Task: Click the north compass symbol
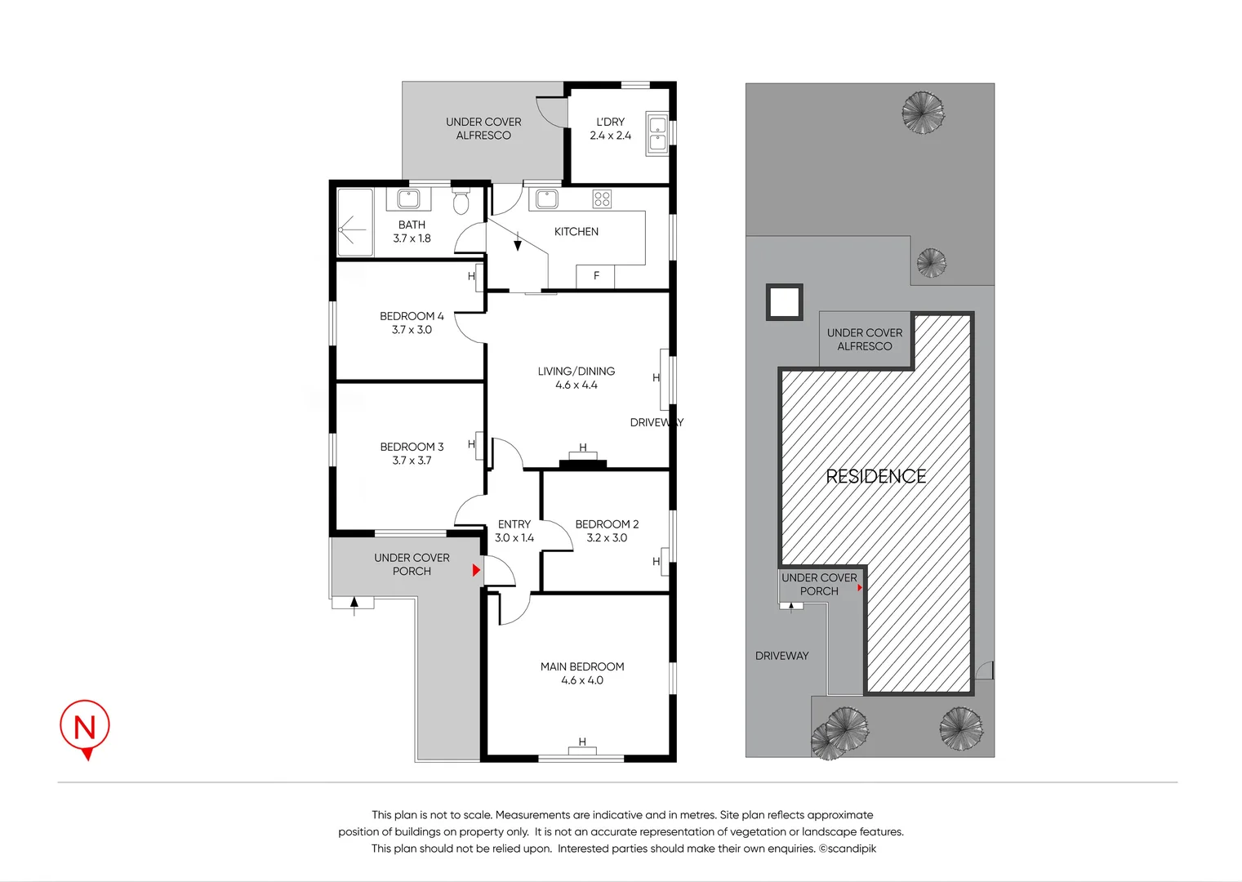85,727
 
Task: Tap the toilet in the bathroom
461,201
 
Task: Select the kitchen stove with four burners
602,198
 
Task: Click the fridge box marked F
595,276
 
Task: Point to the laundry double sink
657,134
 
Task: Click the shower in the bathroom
354,223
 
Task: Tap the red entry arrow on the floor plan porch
476,571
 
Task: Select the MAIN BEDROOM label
582,666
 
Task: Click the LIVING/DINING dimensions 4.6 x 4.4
576,385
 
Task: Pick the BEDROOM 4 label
412,316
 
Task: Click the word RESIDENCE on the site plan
875,477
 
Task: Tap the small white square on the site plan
784,302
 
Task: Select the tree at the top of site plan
923,112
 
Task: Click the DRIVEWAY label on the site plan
781,656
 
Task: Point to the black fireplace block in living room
583,465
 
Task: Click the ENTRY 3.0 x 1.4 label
514,531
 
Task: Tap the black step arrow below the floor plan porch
354,604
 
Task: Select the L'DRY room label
610,122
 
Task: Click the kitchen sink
546,198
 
